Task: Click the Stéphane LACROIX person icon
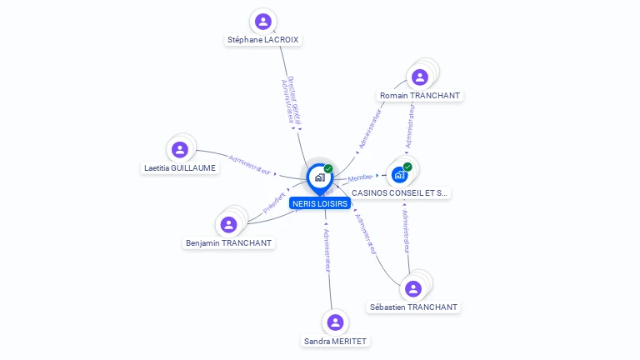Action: pos(263,21)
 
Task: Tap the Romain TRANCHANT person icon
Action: pos(420,77)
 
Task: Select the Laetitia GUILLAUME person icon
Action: pos(179,150)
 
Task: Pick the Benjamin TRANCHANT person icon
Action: pos(228,224)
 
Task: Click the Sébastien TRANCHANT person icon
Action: pos(413,288)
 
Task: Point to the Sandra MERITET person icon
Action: pos(335,322)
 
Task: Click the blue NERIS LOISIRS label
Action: pos(320,203)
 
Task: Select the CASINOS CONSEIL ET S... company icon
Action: pos(399,174)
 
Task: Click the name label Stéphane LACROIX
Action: pos(263,39)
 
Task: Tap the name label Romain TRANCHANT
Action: pos(420,96)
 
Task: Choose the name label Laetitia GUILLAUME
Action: pos(179,168)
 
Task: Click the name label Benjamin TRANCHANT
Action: pos(228,243)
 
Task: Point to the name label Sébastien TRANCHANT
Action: pos(413,307)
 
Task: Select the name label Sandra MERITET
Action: pos(335,341)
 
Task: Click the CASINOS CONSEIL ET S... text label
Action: pos(399,193)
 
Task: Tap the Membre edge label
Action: pos(361,177)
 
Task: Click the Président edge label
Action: pos(275,204)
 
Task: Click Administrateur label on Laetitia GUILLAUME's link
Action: pos(249,163)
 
